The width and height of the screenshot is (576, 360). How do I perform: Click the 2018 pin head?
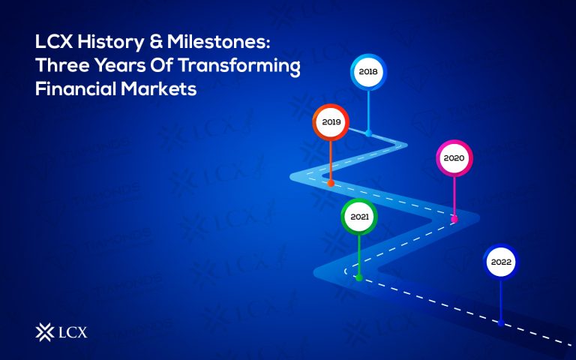(x=368, y=73)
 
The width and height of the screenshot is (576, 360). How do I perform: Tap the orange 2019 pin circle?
(x=331, y=121)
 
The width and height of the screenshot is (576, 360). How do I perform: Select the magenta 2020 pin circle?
(x=454, y=158)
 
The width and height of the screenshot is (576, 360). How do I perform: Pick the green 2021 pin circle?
(x=359, y=217)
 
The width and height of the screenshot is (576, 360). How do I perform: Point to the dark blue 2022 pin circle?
(x=501, y=262)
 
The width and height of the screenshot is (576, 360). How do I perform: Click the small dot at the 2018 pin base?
(x=368, y=133)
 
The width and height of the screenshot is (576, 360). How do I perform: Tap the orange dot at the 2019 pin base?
(x=331, y=182)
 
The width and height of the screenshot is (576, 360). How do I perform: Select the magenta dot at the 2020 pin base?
(x=454, y=219)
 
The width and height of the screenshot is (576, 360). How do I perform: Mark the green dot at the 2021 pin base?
(x=359, y=277)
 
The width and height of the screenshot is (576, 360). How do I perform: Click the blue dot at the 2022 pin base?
(x=501, y=323)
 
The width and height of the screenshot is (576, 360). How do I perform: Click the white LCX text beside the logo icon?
(x=73, y=331)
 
